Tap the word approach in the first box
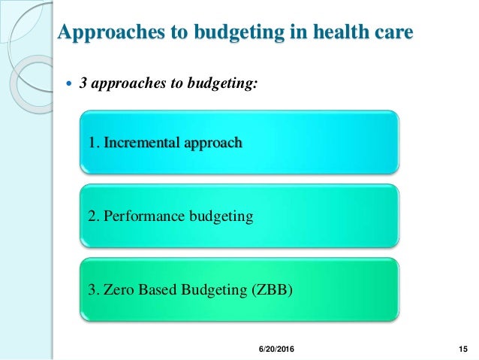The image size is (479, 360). click(212, 142)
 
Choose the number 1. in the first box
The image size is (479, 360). click(94, 142)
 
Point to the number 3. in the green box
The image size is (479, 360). click(94, 289)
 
